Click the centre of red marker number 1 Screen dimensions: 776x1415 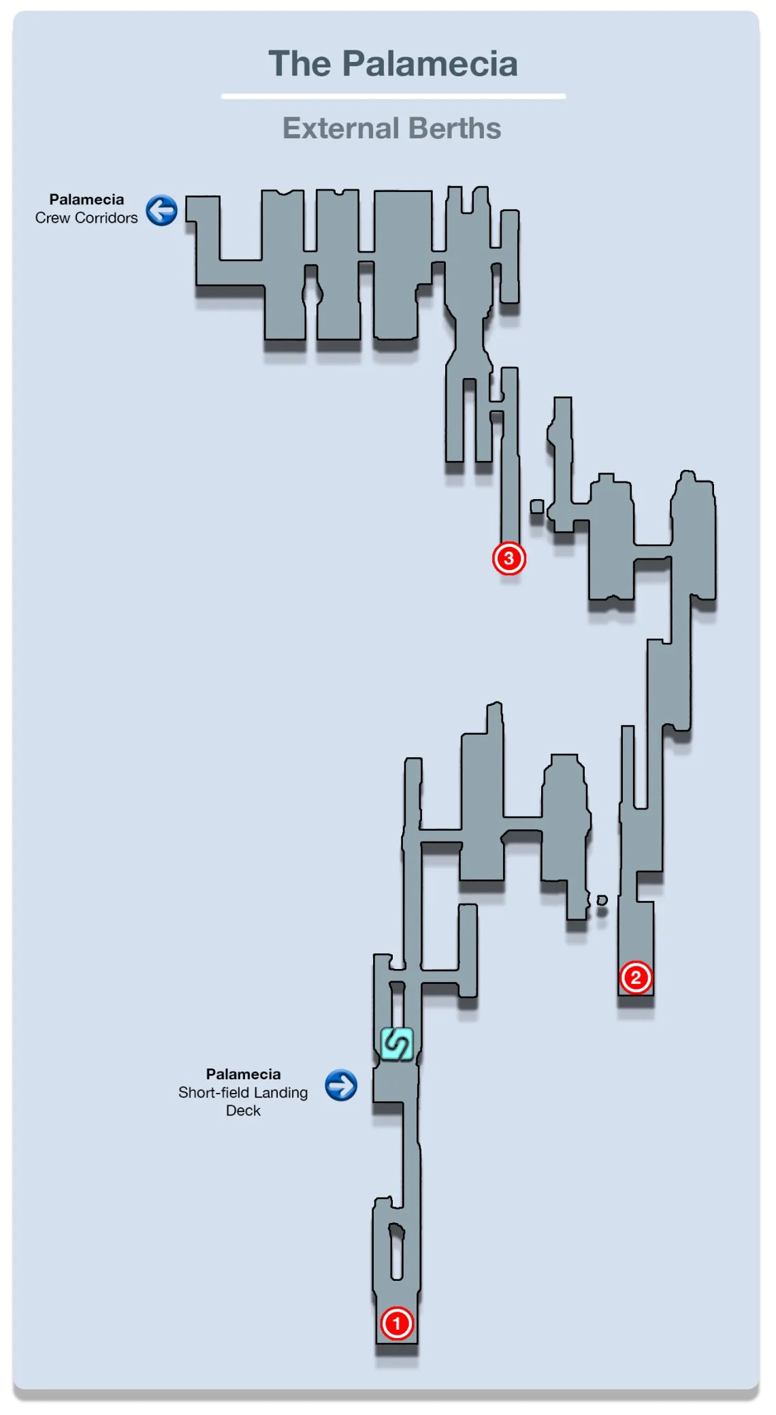(397, 1323)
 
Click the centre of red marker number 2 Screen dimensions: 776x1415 (636, 977)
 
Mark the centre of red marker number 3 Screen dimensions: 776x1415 (508, 558)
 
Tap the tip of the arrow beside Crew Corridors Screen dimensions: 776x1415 (149, 210)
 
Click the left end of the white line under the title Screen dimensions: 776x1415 (222, 97)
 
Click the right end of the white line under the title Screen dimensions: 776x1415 (565, 97)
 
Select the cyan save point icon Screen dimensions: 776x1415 (396, 1044)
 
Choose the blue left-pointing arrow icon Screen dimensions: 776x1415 (161, 210)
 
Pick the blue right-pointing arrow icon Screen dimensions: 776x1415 (341, 1085)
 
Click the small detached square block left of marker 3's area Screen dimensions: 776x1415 (537, 506)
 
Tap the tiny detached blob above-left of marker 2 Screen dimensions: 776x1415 (602, 900)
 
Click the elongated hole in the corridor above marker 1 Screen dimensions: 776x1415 (396, 1252)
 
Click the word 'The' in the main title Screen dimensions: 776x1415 (300, 64)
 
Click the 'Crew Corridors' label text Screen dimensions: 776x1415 (86, 218)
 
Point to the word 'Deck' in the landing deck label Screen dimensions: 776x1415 (243, 1111)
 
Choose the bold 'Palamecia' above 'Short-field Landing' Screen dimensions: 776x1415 (243, 1074)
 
